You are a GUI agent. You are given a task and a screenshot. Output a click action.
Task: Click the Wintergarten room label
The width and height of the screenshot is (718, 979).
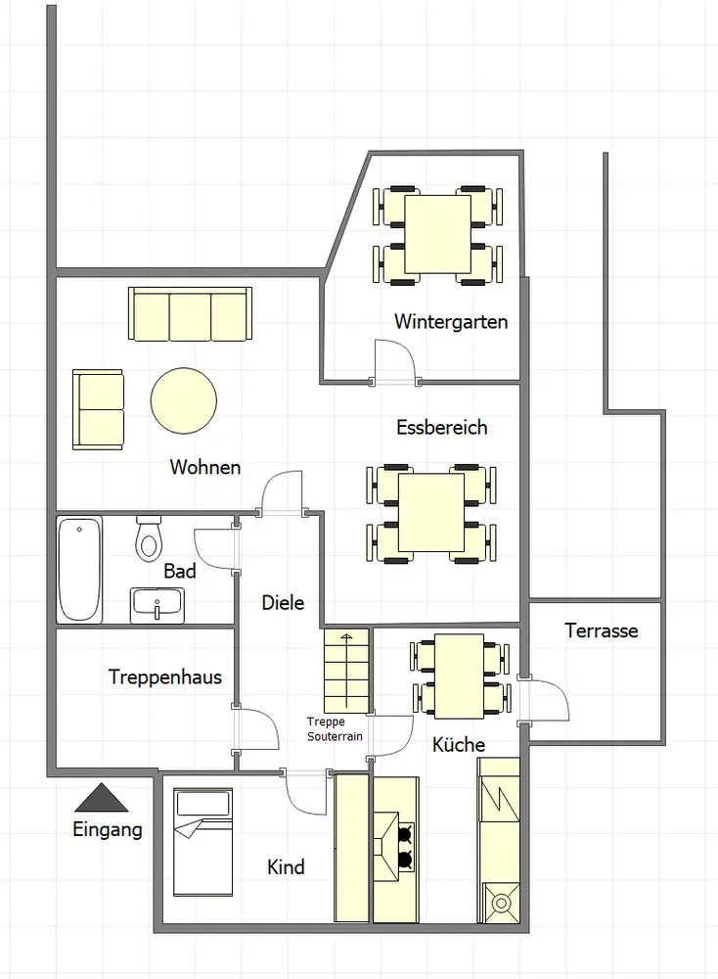pos(451,322)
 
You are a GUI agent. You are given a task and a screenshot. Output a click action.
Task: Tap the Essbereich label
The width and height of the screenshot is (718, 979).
pos(441,428)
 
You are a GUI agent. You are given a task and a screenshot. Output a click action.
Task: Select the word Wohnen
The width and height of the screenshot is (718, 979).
pos(205,467)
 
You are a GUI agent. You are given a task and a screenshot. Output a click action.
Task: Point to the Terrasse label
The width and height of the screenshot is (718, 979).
pos(602,630)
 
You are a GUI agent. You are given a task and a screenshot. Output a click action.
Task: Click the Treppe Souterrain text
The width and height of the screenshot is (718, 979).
pos(335,729)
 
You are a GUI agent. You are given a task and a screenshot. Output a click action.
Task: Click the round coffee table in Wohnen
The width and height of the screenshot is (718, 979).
pos(183,400)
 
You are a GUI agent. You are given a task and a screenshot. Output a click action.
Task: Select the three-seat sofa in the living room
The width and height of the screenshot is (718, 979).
pos(191,314)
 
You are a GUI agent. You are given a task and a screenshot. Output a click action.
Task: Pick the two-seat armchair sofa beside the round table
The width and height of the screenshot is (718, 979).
pos(98,409)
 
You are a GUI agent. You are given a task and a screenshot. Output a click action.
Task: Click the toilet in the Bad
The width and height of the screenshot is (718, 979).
pos(149,538)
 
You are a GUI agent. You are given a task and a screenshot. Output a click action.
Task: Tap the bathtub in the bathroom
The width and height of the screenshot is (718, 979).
pos(79,569)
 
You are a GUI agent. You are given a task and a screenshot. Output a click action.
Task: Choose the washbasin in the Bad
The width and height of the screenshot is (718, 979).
pos(157,605)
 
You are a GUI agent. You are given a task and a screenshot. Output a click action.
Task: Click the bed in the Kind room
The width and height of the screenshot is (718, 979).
pos(202,842)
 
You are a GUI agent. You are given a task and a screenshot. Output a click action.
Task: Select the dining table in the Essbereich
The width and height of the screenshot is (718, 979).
pos(431,513)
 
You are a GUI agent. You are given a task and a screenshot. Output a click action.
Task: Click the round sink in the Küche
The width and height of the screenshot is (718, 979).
pos(501,903)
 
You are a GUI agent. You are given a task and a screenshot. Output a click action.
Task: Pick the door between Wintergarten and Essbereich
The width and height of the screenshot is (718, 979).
pos(394,361)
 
